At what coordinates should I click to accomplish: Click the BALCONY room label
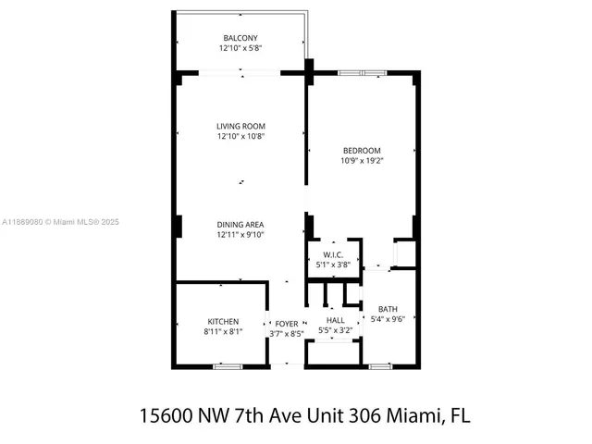[240, 38]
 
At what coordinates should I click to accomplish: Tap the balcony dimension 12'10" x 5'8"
[240, 48]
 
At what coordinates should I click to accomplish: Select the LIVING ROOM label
[240, 127]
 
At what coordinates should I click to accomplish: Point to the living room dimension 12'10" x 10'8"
[240, 137]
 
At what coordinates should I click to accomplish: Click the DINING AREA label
[240, 225]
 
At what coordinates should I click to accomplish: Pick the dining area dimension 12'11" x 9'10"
[240, 235]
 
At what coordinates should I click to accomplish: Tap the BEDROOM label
[361, 151]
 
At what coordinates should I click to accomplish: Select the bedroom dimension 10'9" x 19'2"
[361, 161]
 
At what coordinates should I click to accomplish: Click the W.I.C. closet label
[333, 254]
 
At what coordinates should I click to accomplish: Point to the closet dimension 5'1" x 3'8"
[333, 265]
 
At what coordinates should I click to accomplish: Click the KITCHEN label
[222, 321]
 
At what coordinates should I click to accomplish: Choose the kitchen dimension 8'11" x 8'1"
[222, 331]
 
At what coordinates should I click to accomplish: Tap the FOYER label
[286, 323]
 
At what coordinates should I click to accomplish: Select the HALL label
[335, 320]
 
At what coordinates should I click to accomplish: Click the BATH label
[388, 309]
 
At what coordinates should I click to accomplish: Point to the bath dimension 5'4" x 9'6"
[388, 319]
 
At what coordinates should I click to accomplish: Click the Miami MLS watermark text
[60, 222]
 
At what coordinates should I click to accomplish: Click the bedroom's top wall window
[363, 72]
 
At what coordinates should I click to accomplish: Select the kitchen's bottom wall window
[227, 366]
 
